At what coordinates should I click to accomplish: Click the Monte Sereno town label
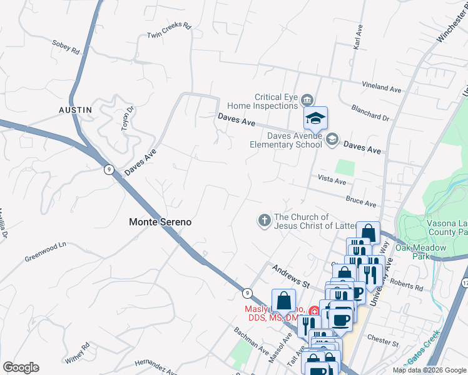[x=160, y=222]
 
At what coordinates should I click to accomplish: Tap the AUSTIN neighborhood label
[x=76, y=110]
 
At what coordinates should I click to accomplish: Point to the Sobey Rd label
[x=66, y=46]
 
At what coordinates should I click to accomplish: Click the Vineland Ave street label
[x=382, y=87]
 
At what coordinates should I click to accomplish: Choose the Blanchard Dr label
[x=370, y=112]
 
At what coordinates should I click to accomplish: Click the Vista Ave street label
[x=332, y=180]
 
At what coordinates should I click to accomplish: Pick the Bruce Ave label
[x=361, y=201]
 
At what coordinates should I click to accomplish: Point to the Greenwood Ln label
[x=45, y=252]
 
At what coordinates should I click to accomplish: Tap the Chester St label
[x=383, y=342]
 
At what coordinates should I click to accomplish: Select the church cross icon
[x=264, y=220]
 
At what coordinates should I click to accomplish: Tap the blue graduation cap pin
[x=316, y=118]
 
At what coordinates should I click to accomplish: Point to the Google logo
[x=21, y=367]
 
